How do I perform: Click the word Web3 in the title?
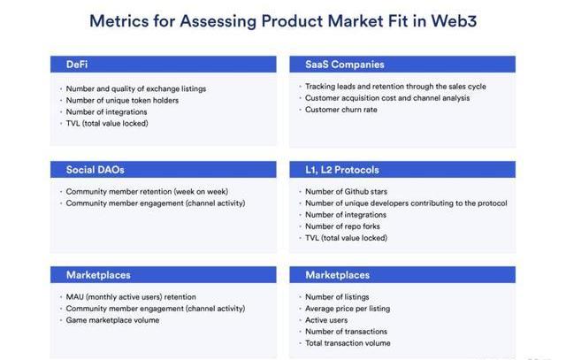454,21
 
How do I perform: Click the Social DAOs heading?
96,170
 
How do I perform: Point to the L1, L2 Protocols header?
342,170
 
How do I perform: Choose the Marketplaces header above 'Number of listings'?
338,275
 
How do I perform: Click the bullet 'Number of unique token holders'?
122,100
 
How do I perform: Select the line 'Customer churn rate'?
341,110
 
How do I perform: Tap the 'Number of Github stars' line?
346,192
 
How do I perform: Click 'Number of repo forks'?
342,226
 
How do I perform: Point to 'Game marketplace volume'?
112,320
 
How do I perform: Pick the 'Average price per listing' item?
348,309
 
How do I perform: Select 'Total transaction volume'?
348,343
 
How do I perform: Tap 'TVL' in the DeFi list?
73,124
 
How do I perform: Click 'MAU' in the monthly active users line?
74,297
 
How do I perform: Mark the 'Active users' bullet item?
326,320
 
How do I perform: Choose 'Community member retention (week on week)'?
147,192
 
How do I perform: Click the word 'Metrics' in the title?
119,21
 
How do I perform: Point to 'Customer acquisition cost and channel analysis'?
387,98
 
